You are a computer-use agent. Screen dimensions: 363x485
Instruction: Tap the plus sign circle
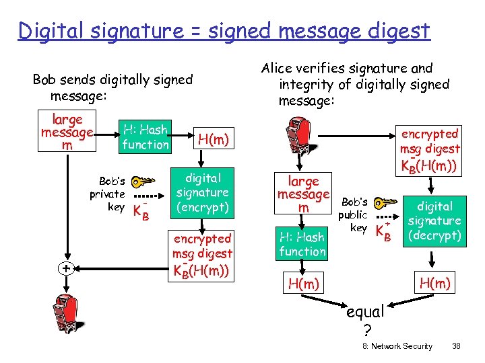tap(66, 268)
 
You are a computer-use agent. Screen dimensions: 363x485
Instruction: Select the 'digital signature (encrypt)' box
tap(202, 193)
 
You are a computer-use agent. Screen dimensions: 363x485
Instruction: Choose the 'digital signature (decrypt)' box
tap(434, 221)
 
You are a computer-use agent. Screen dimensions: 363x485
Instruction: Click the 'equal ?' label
tap(364, 320)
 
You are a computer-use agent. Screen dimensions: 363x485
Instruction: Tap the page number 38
tap(456, 346)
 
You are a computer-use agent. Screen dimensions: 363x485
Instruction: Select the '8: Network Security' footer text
tap(397, 346)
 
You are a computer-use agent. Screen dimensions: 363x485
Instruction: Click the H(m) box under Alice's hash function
tap(303, 284)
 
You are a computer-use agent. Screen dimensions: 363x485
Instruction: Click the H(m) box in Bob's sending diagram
tap(213, 139)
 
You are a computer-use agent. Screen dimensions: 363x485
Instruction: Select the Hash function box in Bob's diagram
tap(145, 136)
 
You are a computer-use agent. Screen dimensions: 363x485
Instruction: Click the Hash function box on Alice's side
tap(302, 243)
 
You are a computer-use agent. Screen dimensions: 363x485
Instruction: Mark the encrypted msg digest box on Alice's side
tap(429, 149)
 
